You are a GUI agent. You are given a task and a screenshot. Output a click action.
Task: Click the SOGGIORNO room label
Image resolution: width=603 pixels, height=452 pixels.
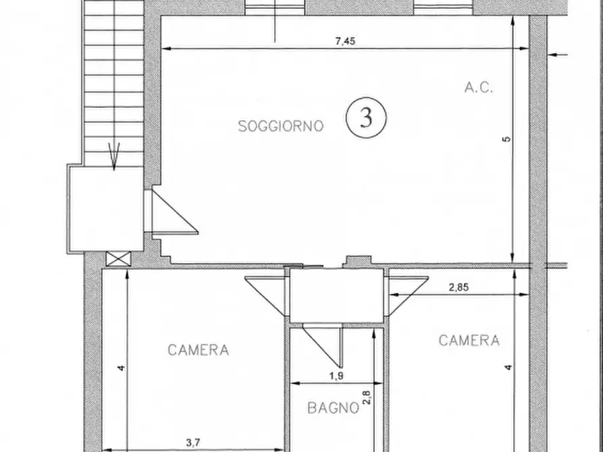pyautogui.click(x=281, y=125)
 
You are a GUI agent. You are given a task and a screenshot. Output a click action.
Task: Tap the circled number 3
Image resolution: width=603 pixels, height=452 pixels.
pyautogui.click(x=366, y=117)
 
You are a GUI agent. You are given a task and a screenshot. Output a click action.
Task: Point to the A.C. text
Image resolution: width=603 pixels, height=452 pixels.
pyautogui.click(x=479, y=87)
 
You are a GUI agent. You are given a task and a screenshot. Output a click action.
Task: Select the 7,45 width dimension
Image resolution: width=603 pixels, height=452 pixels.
pyautogui.click(x=345, y=40)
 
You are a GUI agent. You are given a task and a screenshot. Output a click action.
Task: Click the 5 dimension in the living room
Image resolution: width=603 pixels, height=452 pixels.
pyautogui.click(x=507, y=139)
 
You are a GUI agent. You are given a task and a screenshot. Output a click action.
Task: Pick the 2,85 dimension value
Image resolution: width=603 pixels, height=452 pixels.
pyautogui.click(x=458, y=287)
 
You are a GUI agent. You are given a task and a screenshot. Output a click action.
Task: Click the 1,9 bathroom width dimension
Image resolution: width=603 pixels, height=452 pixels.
pyautogui.click(x=336, y=376)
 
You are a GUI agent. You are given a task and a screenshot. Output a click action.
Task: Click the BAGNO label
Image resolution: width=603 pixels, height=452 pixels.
pyautogui.click(x=332, y=407)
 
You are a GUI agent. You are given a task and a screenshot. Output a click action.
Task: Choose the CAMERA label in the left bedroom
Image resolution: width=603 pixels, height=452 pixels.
pyautogui.click(x=198, y=350)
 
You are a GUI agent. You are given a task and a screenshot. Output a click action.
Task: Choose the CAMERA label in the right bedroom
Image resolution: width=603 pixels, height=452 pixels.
pyautogui.click(x=469, y=341)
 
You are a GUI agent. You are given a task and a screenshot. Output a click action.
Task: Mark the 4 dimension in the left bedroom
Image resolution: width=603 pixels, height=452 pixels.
pyautogui.click(x=121, y=368)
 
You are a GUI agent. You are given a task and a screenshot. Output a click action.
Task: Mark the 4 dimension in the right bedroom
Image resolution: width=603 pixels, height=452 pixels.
pyautogui.click(x=508, y=368)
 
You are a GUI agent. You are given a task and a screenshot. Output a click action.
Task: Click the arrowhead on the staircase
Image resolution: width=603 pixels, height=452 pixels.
pyautogui.click(x=114, y=156)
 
